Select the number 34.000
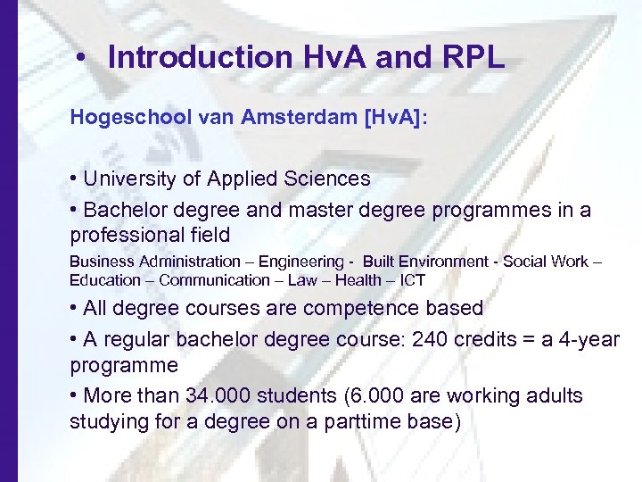[x=218, y=395]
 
